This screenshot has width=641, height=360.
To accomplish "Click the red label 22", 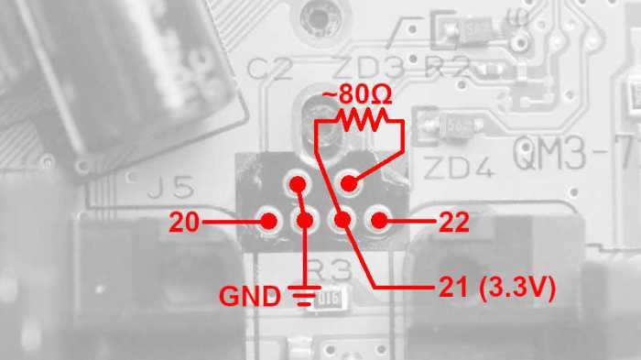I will (x=455, y=221).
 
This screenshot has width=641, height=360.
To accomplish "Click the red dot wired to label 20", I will (x=270, y=221).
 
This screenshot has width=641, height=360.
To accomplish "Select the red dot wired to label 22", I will (x=376, y=221).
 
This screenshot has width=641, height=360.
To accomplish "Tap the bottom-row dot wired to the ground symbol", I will (x=304, y=221).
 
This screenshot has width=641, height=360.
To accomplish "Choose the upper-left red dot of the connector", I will (x=297, y=185).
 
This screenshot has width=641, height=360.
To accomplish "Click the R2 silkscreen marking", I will (x=448, y=66).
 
